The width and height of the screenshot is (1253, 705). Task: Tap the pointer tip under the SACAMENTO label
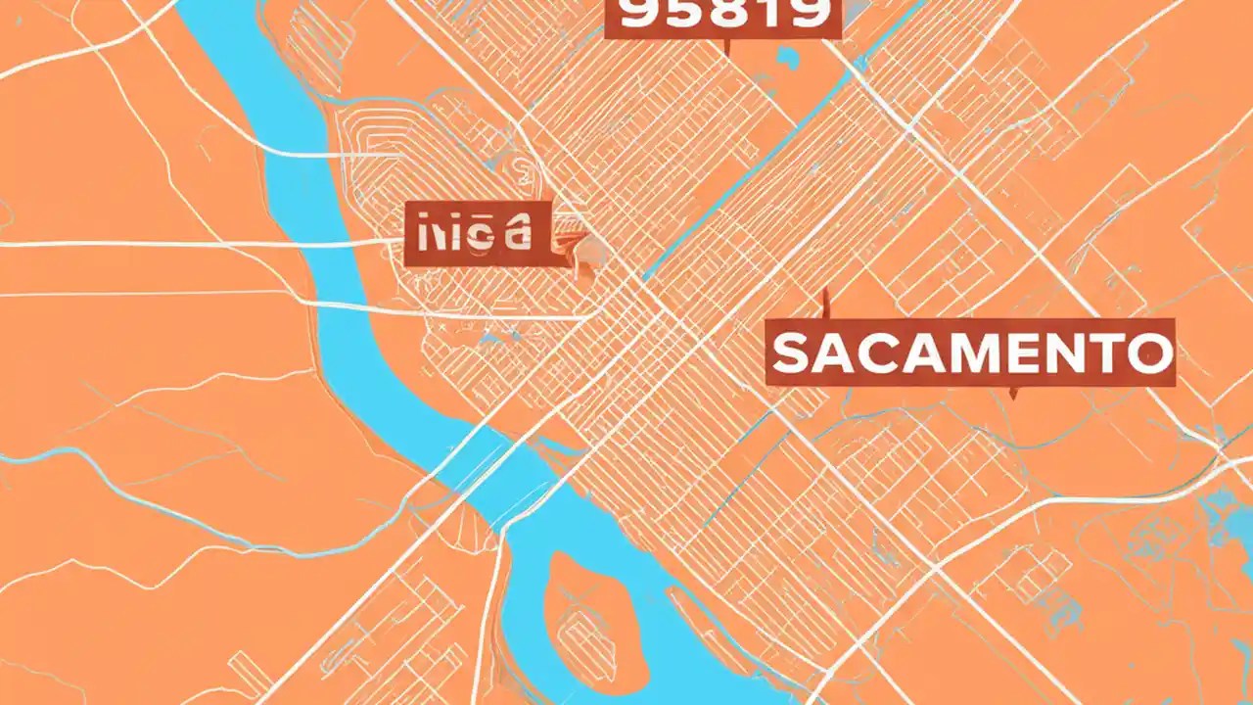pyautogui.click(x=1013, y=395)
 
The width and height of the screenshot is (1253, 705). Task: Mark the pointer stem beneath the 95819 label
pyautogui.click(x=725, y=46)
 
